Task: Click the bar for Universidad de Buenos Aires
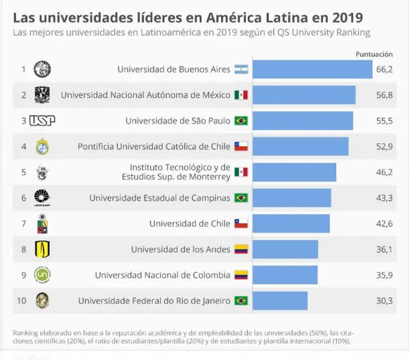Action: pyautogui.click(x=313, y=69)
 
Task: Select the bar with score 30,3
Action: pyautogui.click(x=280, y=300)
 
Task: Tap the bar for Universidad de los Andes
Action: pyautogui.click(x=285, y=249)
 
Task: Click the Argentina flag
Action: pyautogui.click(x=241, y=69)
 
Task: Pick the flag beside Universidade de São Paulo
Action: pyautogui.click(x=241, y=121)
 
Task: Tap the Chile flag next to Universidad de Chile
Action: pyautogui.click(x=241, y=224)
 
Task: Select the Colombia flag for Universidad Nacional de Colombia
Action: pyautogui.click(x=241, y=275)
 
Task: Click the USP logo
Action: pyautogui.click(x=42, y=121)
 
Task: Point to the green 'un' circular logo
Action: pyautogui.click(x=42, y=275)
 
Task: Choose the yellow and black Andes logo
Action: pyautogui.click(x=42, y=249)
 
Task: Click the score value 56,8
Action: pyautogui.click(x=384, y=95)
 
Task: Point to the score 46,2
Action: pyautogui.click(x=384, y=172)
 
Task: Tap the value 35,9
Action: pyautogui.click(x=384, y=275)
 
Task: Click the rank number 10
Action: pyautogui.click(x=21, y=300)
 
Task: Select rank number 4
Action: pyautogui.click(x=24, y=147)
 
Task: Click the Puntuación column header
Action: pyautogui.click(x=374, y=54)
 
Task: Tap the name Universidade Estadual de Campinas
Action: pyautogui.click(x=160, y=198)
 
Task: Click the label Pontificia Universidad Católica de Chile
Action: pyautogui.click(x=154, y=147)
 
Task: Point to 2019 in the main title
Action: pyautogui.click(x=347, y=18)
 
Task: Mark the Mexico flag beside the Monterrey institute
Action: pyautogui.click(x=241, y=172)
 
